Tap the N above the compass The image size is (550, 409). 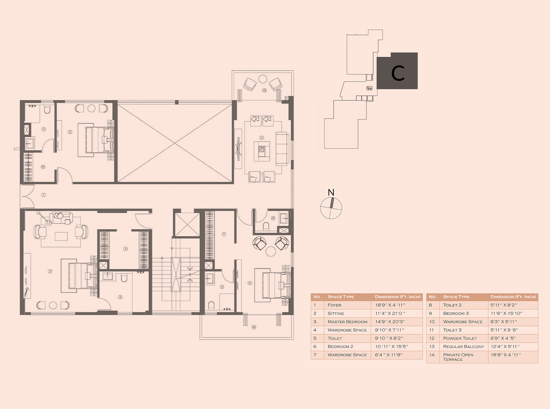(331, 192)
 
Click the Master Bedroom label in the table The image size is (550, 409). (347, 322)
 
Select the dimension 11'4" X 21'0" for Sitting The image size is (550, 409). (390, 313)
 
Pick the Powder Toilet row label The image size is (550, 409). (460, 338)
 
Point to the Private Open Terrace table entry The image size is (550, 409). (458, 357)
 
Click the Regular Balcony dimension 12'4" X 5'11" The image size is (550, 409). (505, 347)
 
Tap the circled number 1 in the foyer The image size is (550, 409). (43, 195)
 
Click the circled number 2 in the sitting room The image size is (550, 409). (262, 138)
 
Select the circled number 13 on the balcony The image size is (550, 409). (264, 90)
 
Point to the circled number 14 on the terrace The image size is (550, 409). (254, 327)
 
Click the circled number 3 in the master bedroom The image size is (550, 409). (50, 271)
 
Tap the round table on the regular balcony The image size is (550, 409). (263, 79)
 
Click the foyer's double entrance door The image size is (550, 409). (28, 196)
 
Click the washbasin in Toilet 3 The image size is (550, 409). (30, 143)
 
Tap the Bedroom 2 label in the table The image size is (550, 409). (340, 347)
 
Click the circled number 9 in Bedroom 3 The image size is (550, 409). (70, 132)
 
